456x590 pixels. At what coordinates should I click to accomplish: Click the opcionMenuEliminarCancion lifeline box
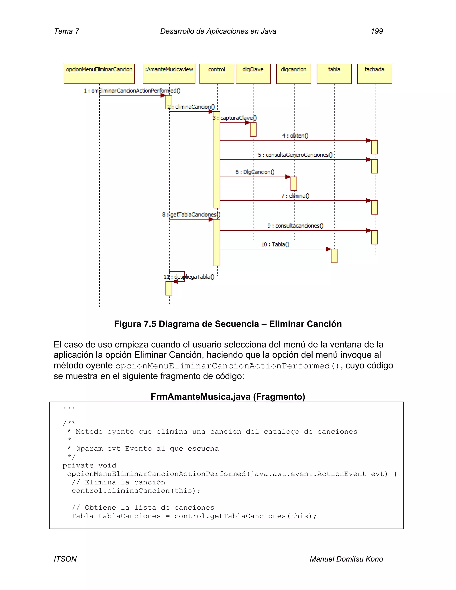(99, 74)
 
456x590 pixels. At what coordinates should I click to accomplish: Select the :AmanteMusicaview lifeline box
(169, 74)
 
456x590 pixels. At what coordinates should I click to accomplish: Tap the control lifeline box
(217, 74)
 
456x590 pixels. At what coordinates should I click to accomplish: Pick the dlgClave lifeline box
(253, 74)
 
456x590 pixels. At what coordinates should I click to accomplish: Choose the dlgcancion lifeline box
(294, 74)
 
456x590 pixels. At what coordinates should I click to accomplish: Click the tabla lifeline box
(334, 74)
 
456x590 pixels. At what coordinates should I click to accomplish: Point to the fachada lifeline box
(375, 74)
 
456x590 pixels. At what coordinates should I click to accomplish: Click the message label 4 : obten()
(295, 136)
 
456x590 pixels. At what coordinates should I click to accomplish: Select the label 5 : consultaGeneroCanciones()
(295, 155)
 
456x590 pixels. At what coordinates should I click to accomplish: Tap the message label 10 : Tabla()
(275, 244)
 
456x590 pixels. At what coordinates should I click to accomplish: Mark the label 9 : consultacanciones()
(295, 226)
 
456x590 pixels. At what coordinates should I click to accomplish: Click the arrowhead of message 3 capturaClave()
(247, 123)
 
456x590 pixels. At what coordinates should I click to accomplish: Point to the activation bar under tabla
(334, 256)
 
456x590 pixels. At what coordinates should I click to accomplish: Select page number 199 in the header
(377, 31)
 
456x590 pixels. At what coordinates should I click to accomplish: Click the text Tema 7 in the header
(66, 31)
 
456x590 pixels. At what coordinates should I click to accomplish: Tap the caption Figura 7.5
(228, 324)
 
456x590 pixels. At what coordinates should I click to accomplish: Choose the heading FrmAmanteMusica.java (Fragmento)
(228, 397)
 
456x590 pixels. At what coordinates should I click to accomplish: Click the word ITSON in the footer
(65, 559)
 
